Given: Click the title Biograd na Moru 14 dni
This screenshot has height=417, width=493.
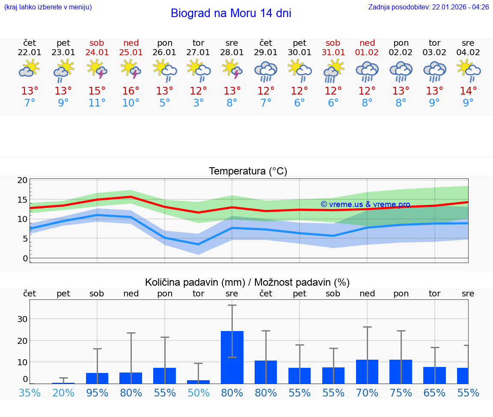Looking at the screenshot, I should point(231,13).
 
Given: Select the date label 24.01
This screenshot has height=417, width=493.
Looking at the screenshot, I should point(97,53).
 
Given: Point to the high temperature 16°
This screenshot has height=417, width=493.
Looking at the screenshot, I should point(131,91).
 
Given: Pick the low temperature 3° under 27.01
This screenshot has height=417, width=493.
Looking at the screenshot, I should point(198,103).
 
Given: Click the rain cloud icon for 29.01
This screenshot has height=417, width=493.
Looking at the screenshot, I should point(266,71).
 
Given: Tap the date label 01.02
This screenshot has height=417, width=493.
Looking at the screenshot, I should point(367,53).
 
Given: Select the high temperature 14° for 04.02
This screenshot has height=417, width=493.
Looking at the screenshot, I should point(468,91).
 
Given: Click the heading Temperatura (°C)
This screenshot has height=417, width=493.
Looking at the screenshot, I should point(248,171).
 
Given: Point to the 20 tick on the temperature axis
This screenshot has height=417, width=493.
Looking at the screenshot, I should point(22,180).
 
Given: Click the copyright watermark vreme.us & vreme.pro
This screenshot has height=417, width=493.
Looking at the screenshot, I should point(365,204).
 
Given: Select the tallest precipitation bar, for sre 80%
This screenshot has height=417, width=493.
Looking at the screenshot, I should point(232,357).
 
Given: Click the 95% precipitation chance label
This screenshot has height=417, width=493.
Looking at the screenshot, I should point(97,393).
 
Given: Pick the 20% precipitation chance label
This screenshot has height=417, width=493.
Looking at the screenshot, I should point(63,393).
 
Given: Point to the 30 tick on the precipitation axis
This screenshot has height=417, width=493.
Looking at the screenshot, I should point(22,319).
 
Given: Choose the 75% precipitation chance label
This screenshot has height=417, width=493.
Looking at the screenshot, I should point(401,393).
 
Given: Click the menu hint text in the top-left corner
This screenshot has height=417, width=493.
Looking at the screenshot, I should point(48,7).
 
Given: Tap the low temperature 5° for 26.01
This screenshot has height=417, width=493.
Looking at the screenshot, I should point(165,103).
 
